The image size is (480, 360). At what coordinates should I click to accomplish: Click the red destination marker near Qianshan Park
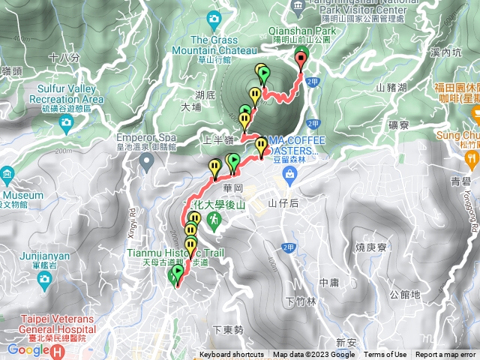pos(301,57)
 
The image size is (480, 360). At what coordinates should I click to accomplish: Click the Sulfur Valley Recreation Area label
pos(65,94)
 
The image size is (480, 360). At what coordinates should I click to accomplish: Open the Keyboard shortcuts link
pos(231,355)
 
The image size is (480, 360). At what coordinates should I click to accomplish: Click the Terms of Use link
pos(385,355)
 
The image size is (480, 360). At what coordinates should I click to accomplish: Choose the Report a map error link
pos(446,355)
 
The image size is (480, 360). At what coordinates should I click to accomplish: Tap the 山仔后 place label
pos(283,203)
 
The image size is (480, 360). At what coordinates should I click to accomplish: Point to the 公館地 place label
pos(405,295)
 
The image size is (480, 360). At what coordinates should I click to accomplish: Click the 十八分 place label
pos(63,57)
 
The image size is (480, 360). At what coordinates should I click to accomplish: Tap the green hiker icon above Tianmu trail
pos(215,220)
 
